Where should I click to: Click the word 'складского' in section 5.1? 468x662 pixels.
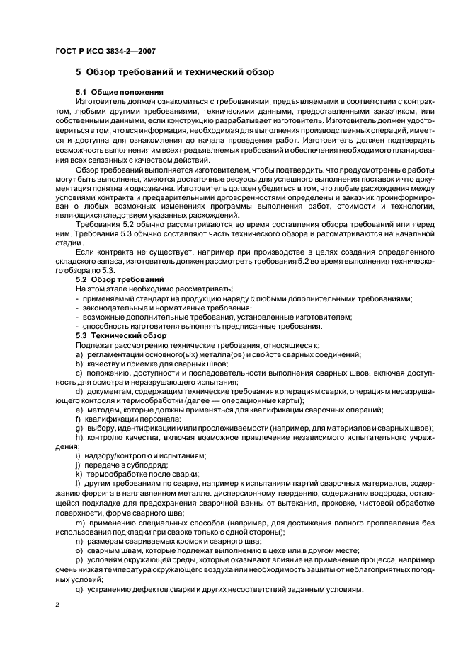point(80,270)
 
